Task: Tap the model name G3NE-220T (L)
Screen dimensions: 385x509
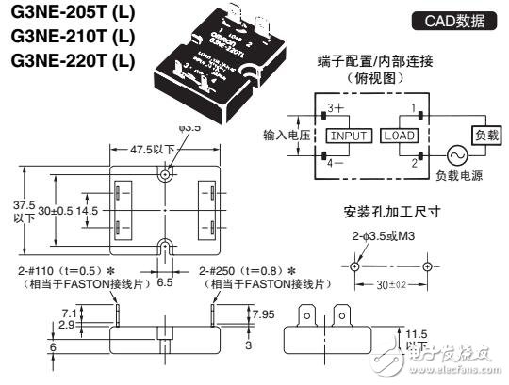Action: coord(67,61)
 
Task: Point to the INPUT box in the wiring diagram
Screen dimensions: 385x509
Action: coord(348,136)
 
